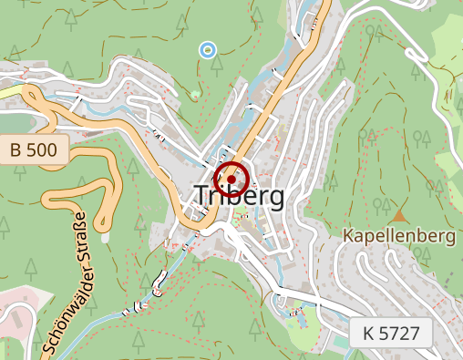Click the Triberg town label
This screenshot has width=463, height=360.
click(239, 196)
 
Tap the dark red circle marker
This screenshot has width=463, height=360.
click(231, 180)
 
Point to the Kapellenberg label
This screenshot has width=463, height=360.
click(398, 236)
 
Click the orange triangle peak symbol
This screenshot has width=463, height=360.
click(400, 216)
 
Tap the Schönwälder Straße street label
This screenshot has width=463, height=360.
click(65, 283)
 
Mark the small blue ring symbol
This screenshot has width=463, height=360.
click(208, 49)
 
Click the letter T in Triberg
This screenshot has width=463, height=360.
click(202, 196)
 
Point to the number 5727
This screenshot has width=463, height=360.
click(403, 333)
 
